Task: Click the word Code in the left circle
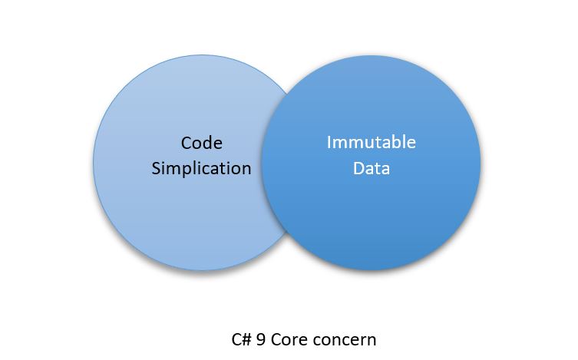[x=202, y=143]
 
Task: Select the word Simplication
[x=201, y=169]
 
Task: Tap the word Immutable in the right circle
[x=372, y=142]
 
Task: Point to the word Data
[x=372, y=168]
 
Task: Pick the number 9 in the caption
[x=261, y=340]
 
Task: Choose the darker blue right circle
[x=372, y=163]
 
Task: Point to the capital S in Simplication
[x=157, y=169]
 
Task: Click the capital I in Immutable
[x=329, y=142]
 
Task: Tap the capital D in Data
[x=358, y=168]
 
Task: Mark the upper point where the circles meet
[x=287, y=94]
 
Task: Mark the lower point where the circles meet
[x=287, y=231]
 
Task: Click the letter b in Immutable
[x=396, y=142]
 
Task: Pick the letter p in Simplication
[x=187, y=170]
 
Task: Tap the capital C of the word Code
[x=187, y=143]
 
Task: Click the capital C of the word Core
[x=276, y=340]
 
